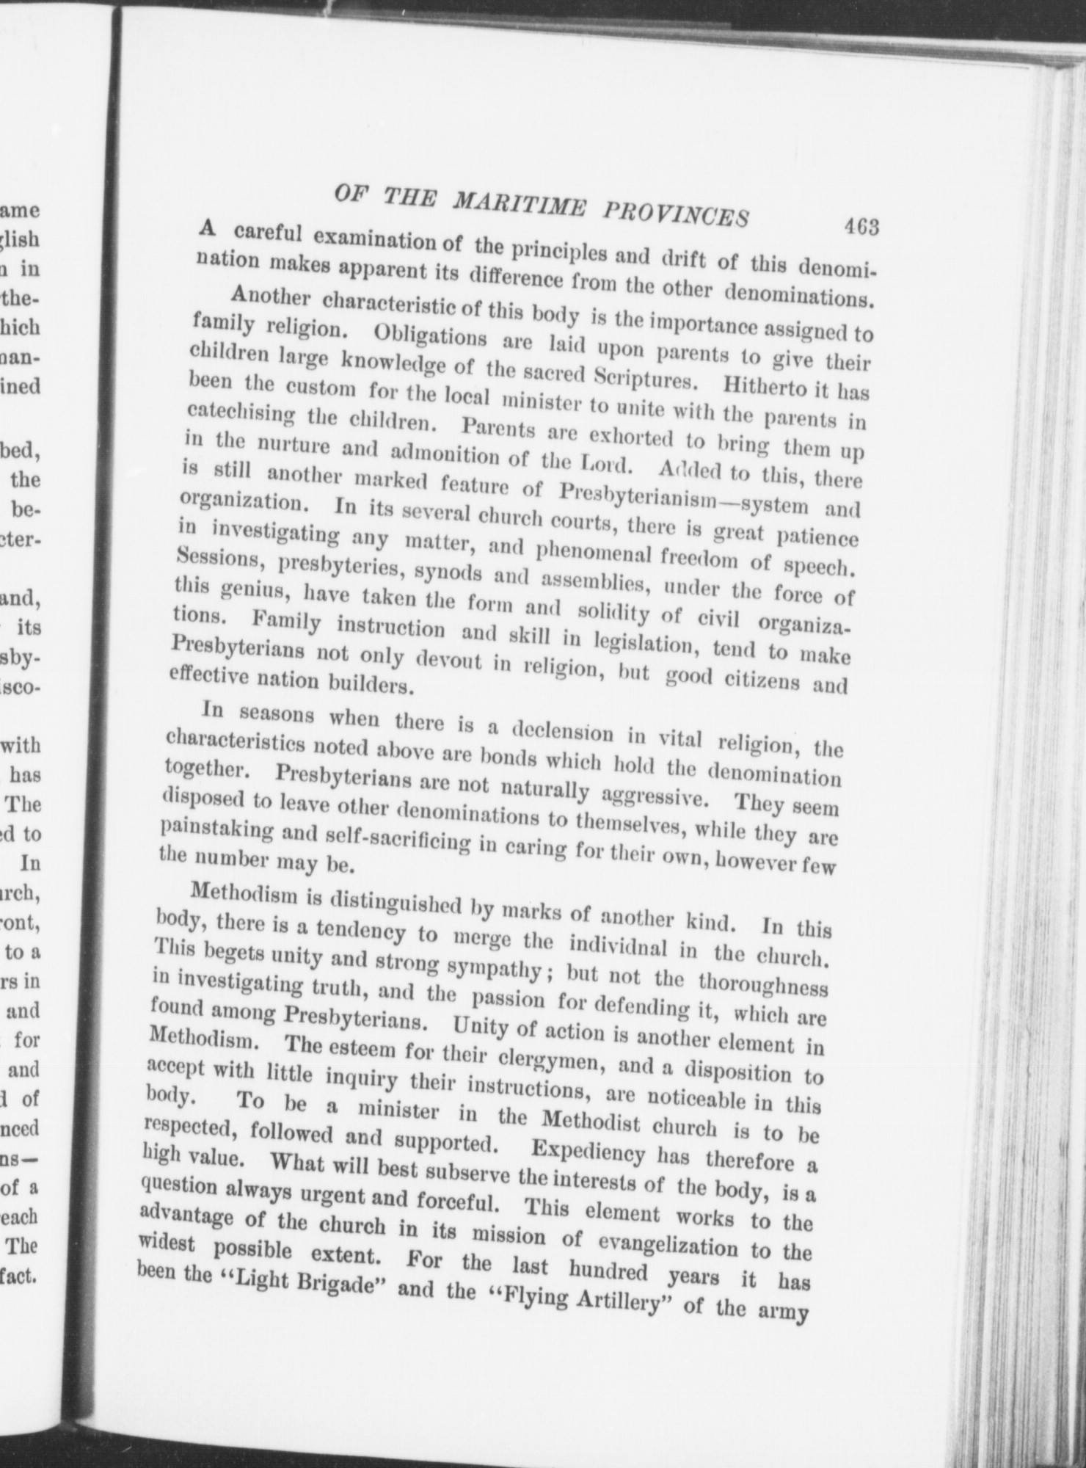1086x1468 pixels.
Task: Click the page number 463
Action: pos(861,228)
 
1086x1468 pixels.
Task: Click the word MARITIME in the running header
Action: pos(526,202)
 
